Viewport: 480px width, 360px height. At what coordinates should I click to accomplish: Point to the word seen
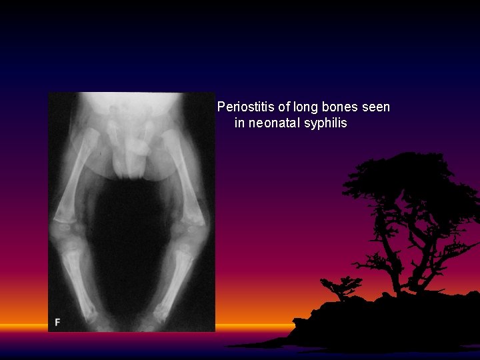pos(375,107)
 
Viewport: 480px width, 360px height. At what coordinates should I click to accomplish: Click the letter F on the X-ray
pos(57,322)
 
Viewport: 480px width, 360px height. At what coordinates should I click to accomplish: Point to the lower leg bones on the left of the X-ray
pos(81,280)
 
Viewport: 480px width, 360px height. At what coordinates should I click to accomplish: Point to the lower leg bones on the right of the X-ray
pos(177,280)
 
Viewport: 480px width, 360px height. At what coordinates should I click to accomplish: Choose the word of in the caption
pos(283,107)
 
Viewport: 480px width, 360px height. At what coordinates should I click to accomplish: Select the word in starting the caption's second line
pos(239,123)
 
